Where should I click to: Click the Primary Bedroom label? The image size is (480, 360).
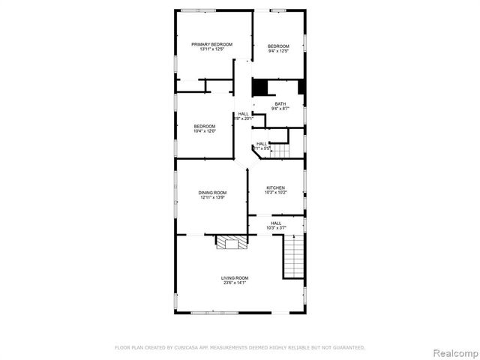point(211,45)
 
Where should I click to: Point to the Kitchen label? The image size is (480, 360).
point(276,187)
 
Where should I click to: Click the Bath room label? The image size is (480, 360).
point(280,104)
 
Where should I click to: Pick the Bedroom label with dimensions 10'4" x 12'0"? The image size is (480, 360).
point(205,126)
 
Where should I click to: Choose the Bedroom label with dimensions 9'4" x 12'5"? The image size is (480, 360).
point(278,46)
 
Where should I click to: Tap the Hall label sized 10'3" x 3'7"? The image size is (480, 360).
point(276,223)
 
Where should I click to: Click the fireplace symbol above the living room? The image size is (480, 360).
point(227,241)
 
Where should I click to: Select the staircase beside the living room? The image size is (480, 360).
point(294,256)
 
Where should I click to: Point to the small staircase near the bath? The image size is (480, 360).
point(280,151)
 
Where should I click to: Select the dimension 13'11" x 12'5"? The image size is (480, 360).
point(211,50)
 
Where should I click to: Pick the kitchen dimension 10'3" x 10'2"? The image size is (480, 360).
point(276,193)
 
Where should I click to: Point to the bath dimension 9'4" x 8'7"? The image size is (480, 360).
point(280,109)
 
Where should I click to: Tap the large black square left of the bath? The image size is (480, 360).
point(260,88)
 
